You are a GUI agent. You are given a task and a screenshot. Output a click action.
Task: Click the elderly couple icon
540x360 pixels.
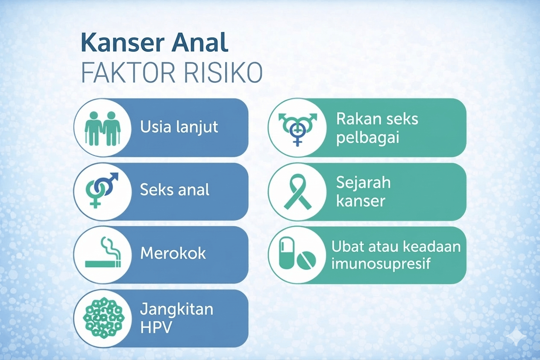103,128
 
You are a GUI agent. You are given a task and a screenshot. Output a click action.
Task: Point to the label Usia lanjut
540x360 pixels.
179,127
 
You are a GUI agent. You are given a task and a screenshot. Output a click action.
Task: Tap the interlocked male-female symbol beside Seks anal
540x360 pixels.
102,190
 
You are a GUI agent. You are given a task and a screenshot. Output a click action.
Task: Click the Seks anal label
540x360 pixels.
175,189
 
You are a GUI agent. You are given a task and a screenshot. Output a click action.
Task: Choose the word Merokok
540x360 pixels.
173,253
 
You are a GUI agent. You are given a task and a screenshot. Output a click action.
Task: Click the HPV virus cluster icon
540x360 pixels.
104,318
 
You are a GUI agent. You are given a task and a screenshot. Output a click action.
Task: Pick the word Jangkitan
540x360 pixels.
177,310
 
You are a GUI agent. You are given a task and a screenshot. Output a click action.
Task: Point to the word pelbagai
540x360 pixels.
368,138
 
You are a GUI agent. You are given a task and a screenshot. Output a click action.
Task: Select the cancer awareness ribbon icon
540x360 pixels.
298,192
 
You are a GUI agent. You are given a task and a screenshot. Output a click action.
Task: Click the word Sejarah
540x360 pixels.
363,183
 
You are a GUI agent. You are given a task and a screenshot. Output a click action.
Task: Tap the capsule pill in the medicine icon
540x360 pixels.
286,253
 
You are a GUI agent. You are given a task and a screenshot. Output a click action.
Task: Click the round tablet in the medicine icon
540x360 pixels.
306,260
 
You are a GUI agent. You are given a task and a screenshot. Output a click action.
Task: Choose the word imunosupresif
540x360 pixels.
381,263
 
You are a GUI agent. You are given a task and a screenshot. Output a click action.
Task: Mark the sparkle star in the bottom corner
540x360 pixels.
516,336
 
